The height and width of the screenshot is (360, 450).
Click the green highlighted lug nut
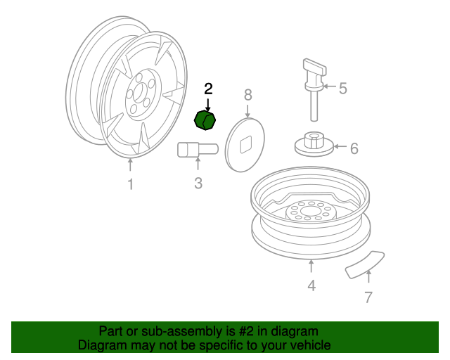tap(205, 120)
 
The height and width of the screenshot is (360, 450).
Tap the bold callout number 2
tap(208, 89)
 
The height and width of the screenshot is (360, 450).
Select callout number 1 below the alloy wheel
tap(131, 184)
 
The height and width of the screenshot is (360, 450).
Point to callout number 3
tap(198, 183)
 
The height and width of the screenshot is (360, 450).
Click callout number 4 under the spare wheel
tap(311, 285)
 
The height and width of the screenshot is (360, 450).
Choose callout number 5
tap(343, 88)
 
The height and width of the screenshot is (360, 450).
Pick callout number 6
tap(354, 148)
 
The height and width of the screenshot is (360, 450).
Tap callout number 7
tap(368, 297)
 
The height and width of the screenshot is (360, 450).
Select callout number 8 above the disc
tap(248, 95)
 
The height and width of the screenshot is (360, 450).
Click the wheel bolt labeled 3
tap(198, 150)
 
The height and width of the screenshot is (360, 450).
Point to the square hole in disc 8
tap(245, 145)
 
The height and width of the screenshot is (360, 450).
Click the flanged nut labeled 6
tap(314, 144)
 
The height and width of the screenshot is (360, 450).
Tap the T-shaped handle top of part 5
tap(315, 67)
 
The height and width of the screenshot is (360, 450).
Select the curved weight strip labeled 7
tap(365, 264)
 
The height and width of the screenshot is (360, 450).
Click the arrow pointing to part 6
tap(340, 146)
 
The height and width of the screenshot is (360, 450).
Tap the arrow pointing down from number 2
tap(208, 105)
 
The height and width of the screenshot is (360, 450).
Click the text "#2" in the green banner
tap(246, 331)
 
